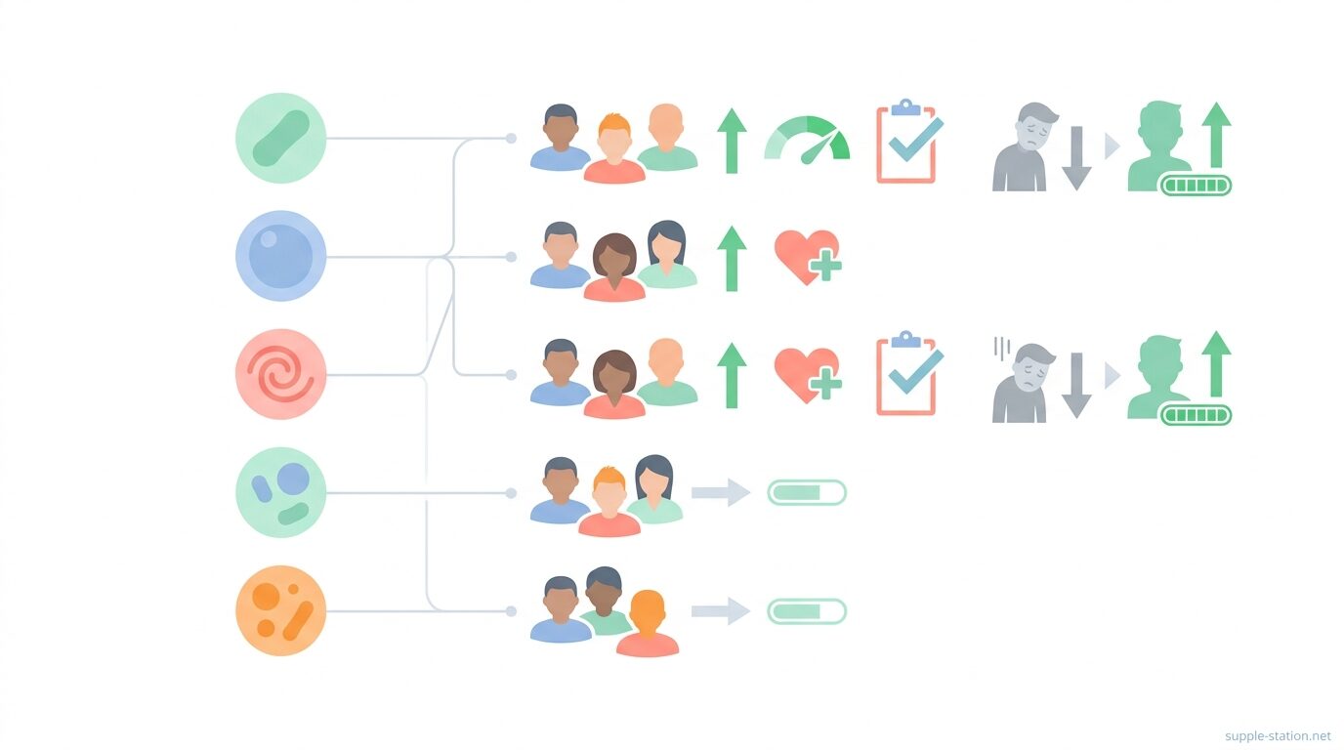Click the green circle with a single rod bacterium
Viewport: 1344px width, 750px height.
point(280,138)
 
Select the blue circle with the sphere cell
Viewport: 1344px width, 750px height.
point(280,256)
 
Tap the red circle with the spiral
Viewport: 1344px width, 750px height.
point(280,374)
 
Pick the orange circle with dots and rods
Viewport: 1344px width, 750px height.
point(280,610)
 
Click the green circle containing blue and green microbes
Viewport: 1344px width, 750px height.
point(280,492)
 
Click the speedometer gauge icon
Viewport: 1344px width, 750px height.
point(807,140)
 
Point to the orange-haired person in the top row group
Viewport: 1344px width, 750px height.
point(613,148)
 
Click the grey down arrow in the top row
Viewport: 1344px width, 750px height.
point(1076,158)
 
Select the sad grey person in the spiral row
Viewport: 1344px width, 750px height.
point(1022,383)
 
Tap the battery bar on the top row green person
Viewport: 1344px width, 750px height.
point(1196,186)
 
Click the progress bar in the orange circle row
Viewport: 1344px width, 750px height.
point(807,611)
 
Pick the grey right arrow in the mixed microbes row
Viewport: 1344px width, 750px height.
point(721,492)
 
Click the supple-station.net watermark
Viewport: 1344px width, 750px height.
point(1278,735)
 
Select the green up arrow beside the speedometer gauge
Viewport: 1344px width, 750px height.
point(732,141)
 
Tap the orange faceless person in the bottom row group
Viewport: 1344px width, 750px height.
point(648,623)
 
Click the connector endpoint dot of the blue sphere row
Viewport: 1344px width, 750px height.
point(511,257)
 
